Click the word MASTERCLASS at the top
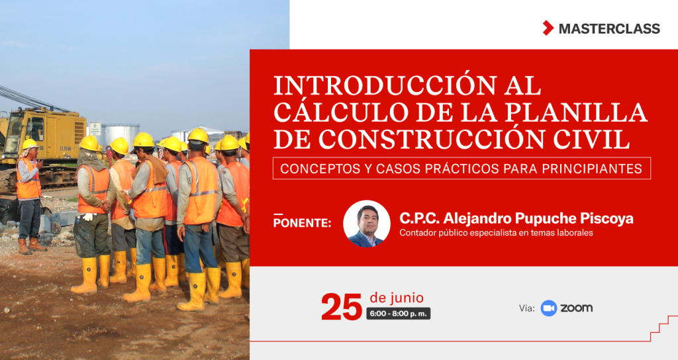[x=609, y=28]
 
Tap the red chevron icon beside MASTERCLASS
[x=548, y=28]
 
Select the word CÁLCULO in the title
[x=341, y=112]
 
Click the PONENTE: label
[x=302, y=222]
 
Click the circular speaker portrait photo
[x=367, y=224]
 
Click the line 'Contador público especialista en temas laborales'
[x=496, y=233]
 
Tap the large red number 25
[x=342, y=307]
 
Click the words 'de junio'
[x=397, y=298]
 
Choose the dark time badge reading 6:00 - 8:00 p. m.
[x=398, y=314]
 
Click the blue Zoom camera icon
[x=549, y=308]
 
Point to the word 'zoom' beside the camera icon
[x=577, y=308]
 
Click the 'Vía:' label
[x=526, y=308]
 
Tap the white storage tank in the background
[x=122, y=134]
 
